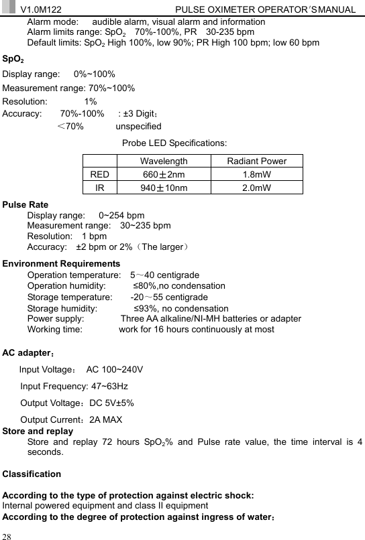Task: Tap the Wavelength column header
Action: point(164,161)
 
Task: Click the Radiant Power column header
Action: point(256,161)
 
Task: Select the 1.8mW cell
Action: point(256,174)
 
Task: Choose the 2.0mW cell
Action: point(256,188)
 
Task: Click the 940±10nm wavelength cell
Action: point(164,188)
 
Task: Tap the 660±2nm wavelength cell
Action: point(164,174)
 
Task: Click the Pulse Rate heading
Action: point(25,204)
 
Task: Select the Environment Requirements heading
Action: point(62,263)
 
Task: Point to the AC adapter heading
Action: point(28,352)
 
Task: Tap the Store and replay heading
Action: point(38,431)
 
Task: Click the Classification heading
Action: point(32,474)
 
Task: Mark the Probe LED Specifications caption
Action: point(174,143)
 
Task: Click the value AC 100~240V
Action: point(114,369)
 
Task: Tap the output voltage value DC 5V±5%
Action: point(112,403)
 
